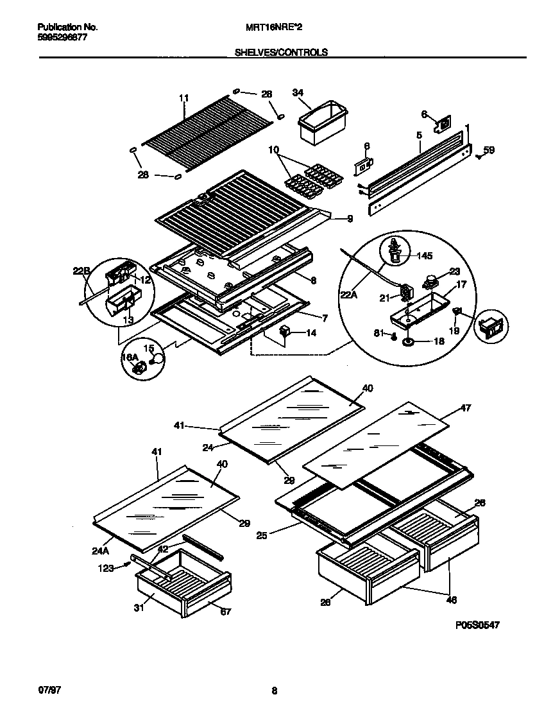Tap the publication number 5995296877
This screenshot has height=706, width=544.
click(x=62, y=37)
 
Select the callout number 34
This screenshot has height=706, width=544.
click(x=298, y=92)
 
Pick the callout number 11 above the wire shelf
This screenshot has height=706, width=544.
click(x=184, y=98)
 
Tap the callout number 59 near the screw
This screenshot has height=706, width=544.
click(x=489, y=151)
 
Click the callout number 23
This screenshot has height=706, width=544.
click(x=455, y=271)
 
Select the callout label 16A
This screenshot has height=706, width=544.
click(x=130, y=357)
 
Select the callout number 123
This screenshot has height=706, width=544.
click(x=106, y=567)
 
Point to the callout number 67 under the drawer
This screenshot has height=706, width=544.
click(x=225, y=612)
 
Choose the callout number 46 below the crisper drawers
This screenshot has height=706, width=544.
click(x=452, y=600)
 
